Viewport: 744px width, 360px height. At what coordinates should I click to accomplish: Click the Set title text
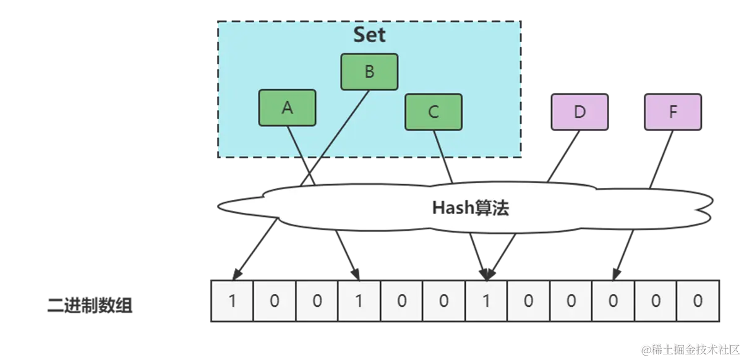click(x=369, y=35)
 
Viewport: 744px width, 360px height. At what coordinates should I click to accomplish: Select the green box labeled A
click(x=287, y=108)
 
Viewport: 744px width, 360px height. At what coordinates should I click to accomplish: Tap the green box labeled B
click(x=369, y=72)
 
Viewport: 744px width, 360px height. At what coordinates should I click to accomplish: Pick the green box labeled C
click(x=434, y=112)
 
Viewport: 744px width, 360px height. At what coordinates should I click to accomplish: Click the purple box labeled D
click(x=579, y=112)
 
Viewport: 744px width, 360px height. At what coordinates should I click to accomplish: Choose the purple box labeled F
click(x=673, y=112)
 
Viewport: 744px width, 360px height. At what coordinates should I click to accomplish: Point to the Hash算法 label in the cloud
click(x=470, y=208)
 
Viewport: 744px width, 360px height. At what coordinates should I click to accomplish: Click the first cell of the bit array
click(x=233, y=301)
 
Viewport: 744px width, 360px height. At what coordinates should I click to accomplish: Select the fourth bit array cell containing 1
click(x=359, y=301)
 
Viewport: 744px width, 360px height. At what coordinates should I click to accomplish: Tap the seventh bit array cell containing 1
click(x=486, y=301)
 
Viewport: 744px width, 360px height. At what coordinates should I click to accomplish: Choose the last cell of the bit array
click(x=698, y=301)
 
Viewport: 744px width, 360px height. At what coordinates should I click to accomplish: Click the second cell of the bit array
click(x=275, y=301)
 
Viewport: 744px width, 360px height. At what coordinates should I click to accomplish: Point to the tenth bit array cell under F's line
click(x=613, y=301)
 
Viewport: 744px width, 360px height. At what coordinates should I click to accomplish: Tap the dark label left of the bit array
click(x=89, y=306)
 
